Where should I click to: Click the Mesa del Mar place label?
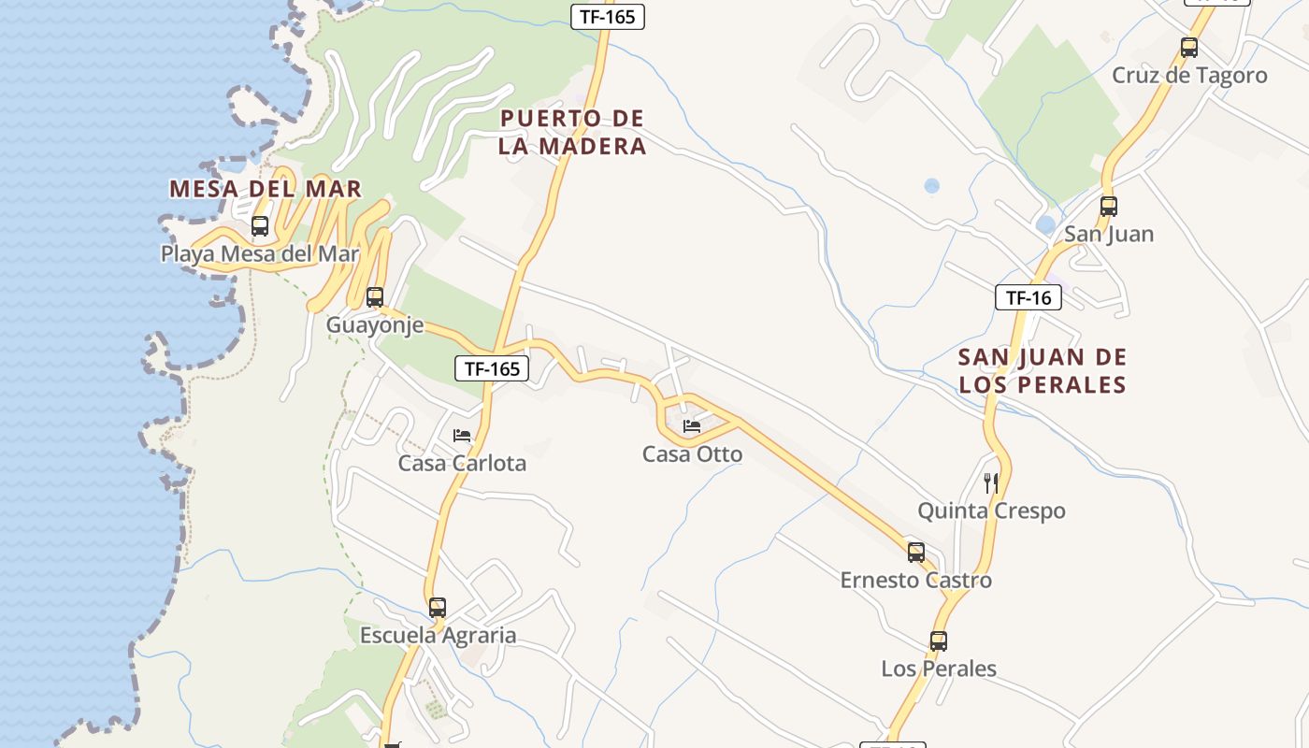(x=265, y=188)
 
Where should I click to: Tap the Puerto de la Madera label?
(x=572, y=132)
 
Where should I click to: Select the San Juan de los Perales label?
(x=1043, y=370)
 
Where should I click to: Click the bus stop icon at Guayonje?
(x=375, y=297)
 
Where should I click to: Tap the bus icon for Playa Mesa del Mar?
(x=260, y=226)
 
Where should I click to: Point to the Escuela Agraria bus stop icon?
(x=438, y=608)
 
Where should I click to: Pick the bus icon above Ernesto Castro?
(x=916, y=553)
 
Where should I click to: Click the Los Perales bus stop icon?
(x=939, y=641)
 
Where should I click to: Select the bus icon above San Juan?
(x=1109, y=207)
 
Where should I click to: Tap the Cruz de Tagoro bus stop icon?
(x=1189, y=48)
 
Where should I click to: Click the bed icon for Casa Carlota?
(x=462, y=436)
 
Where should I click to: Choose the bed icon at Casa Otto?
(x=692, y=426)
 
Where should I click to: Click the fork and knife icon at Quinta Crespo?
(x=991, y=483)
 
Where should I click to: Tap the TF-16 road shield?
(x=1028, y=298)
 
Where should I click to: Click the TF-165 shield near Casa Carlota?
(x=492, y=368)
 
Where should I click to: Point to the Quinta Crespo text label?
(x=991, y=511)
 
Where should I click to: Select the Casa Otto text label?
(x=692, y=454)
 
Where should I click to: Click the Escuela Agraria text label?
(x=438, y=636)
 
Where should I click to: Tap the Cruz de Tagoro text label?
(x=1189, y=76)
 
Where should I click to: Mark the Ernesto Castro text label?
(x=915, y=581)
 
